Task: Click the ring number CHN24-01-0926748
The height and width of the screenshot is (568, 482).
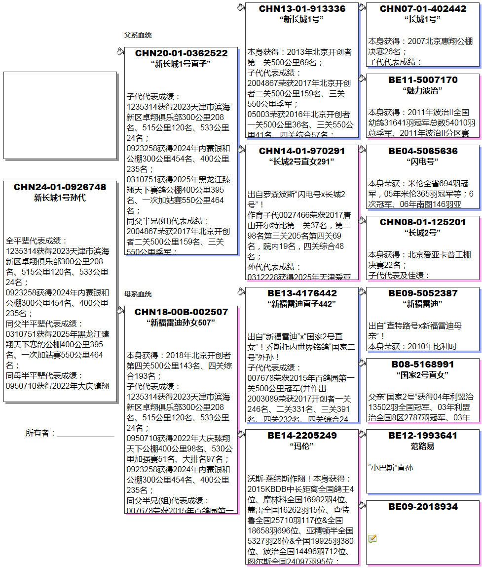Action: coord(60,187)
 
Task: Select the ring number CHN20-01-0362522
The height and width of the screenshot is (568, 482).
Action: coord(181,53)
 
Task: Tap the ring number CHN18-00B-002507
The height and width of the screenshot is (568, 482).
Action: coord(181,312)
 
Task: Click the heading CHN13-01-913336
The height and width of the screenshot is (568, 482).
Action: coord(302,9)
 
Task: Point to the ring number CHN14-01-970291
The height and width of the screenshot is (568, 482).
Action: coord(302,151)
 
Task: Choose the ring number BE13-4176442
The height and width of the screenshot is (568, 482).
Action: coord(302,293)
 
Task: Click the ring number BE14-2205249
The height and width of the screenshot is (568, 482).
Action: coord(302,436)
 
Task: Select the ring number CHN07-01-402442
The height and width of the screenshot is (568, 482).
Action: coord(423,9)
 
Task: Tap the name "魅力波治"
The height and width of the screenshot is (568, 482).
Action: coord(423,90)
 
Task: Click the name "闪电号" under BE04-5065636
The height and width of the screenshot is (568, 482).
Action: coord(423,162)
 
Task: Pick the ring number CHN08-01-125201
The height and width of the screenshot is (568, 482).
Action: coord(423,222)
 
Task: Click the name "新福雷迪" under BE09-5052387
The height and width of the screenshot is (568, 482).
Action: coord(423,304)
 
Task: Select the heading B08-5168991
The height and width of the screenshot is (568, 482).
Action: coord(423,365)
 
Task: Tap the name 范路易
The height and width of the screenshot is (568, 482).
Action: coord(423,446)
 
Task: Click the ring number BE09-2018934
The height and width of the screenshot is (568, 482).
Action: coord(423,507)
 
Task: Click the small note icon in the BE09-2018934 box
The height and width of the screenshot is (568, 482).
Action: coord(372,538)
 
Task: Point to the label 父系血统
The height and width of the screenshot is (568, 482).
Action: coord(138,36)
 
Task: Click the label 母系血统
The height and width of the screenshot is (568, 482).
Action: coord(138,294)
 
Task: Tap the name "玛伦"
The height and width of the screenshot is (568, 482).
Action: coord(302,446)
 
